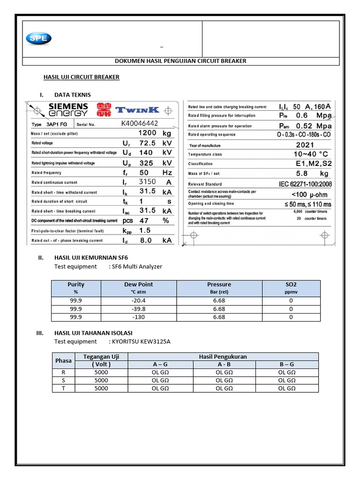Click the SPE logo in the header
point(39,39)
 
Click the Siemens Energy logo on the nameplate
point(68,110)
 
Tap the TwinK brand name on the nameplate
point(137,110)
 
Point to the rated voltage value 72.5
point(150,143)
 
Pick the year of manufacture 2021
point(305,145)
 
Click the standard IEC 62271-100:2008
point(305,184)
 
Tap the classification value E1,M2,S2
point(313,164)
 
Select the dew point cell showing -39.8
point(138,309)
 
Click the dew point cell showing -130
point(138,317)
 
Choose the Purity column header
point(76,285)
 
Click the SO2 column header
point(291,285)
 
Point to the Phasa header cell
point(63,360)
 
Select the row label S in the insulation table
point(63,380)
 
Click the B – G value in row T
point(286,388)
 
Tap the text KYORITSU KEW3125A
point(140,341)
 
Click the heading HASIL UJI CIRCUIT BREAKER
point(81,77)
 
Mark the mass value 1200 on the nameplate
point(147,133)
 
